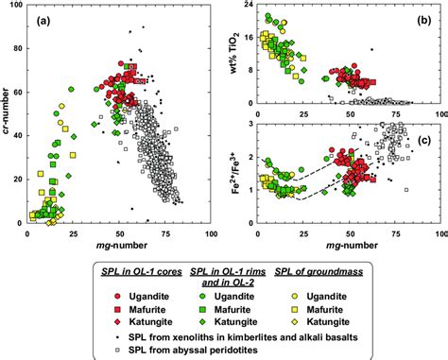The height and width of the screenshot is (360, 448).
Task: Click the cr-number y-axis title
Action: (x=7, y=114)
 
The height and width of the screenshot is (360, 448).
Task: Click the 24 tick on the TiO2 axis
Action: (x=249, y=5)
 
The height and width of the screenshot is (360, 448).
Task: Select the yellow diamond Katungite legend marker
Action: (x=307, y=309)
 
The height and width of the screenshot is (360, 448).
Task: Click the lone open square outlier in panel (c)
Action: (x=405, y=190)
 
